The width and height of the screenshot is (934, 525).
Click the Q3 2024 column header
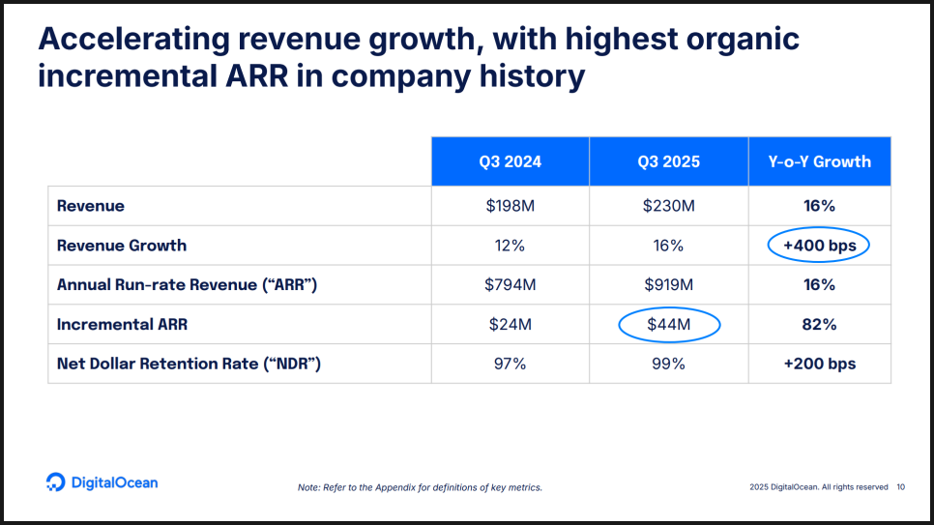point(510,161)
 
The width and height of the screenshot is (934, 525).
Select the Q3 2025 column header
point(668,161)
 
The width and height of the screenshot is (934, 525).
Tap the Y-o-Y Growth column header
point(819,161)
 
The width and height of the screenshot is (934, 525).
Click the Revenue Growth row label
point(122,246)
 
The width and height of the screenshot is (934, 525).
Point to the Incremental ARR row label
point(122,325)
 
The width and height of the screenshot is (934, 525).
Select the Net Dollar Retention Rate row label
point(189,365)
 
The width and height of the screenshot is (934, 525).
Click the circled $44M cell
point(668,325)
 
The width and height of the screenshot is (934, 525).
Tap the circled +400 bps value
point(819,246)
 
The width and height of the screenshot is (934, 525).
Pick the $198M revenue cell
point(510,206)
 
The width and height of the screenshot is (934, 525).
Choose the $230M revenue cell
point(668,206)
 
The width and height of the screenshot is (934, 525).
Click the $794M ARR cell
point(510,285)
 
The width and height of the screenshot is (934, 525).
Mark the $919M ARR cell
point(668,285)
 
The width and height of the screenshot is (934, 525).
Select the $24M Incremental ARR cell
point(510,325)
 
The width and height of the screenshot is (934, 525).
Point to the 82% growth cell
point(819,325)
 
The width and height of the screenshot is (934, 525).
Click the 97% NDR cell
point(510,365)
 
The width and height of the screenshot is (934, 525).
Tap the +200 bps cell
point(819,365)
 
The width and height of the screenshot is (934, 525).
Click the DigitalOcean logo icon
point(55,482)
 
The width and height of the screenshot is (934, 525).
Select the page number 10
point(901,487)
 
